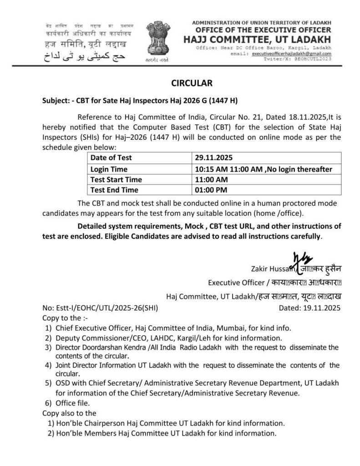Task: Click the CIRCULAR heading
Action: click(191, 83)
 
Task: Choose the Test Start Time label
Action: click(116, 179)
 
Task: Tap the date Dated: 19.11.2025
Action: click(309, 308)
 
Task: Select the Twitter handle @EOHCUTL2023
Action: click(313, 59)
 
